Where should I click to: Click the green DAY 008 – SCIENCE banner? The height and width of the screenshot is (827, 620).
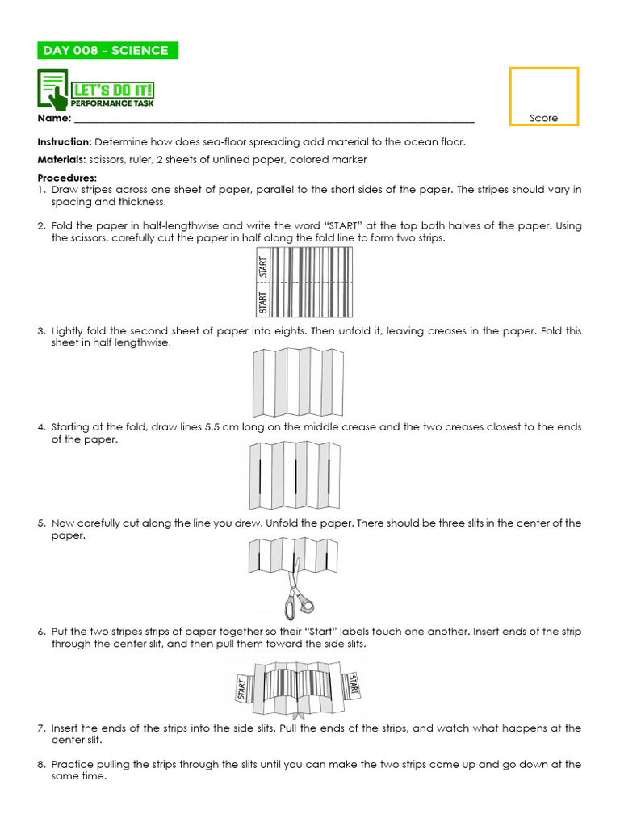tap(107, 51)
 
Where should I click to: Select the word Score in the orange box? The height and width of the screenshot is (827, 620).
tap(543, 118)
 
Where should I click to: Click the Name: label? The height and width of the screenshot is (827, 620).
tap(54, 119)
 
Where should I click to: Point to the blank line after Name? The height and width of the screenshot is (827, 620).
tap(274, 120)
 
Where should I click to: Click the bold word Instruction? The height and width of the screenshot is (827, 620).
tap(65, 141)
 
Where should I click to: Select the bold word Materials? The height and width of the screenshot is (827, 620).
tap(61, 160)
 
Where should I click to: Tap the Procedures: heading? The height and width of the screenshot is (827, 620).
tap(67, 178)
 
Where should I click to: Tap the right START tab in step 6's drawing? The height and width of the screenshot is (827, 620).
tap(353, 684)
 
